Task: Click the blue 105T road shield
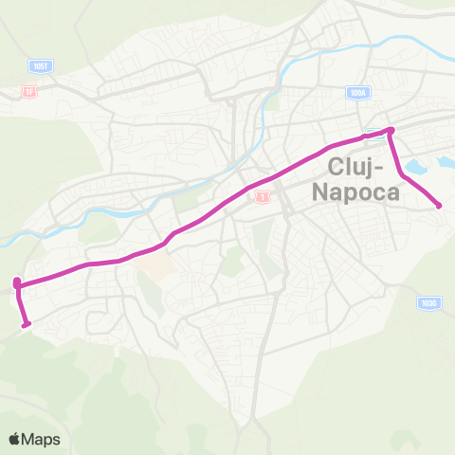pyautogui.click(x=38, y=66)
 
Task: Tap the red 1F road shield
pyautogui.click(x=28, y=91)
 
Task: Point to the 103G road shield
pyautogui.click(x=428, y=303)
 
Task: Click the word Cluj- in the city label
pyautogui.click(x=356, y=168)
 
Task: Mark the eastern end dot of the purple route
pyautogui.click(x=439, y=206)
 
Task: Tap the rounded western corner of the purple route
pyautogui.click(x=17, y=282)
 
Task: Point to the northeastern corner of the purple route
pyautogui.click(x=391, y=130)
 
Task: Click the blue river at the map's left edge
pyautogui.click(x=6, y=241)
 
